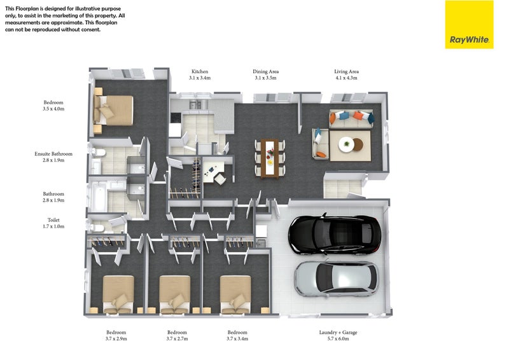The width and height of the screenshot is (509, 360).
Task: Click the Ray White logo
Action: coord(469,25)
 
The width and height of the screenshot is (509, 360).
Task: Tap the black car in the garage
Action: coord(335,233)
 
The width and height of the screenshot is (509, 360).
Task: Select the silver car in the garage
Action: coord(337,279)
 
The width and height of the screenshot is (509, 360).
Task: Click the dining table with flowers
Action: coord(269,158)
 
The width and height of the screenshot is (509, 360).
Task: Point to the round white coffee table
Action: coord(346,144)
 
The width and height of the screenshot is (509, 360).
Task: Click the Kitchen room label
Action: coord(200,71)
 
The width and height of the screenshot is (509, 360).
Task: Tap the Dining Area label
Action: coord(265,71)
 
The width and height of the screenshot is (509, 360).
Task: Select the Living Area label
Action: coord(346,71)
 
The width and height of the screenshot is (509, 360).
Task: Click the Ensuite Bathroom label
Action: coord(53,154)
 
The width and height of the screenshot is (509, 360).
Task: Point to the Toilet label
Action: coord(53,220)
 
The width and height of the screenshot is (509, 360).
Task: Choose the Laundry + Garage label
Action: coord(338,333)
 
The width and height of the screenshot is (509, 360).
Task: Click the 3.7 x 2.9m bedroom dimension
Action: coord(116,338)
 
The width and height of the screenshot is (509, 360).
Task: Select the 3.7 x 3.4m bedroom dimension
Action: coord(237,338)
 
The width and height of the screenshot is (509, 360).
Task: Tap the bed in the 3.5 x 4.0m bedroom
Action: coord(114,111)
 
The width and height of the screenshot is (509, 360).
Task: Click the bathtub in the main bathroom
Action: coord(99,196)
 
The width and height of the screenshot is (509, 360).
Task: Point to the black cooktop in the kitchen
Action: coord(176,118)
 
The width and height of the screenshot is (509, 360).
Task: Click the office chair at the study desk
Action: coord(220,179)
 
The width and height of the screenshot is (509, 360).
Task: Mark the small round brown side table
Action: coord(358,145)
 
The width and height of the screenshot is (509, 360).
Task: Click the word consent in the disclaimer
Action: coord(91,29)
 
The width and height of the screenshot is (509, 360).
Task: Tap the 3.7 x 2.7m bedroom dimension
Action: coord(178,338)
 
